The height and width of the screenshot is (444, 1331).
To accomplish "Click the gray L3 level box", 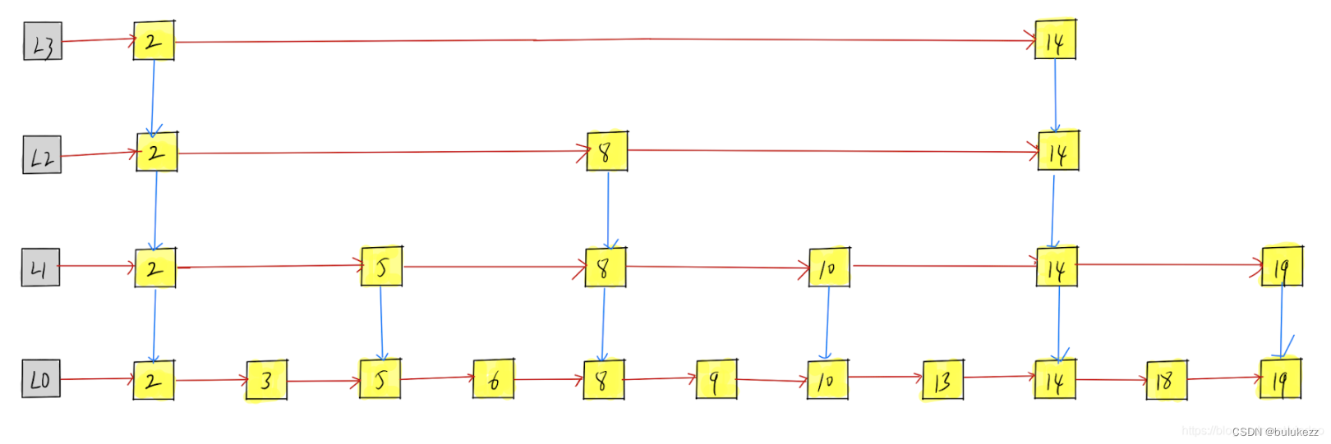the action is (43, 42).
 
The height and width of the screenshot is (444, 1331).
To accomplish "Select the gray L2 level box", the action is (42, 154).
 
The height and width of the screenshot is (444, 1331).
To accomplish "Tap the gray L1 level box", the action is (40, 268).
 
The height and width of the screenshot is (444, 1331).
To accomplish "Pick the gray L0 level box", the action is (41, 379).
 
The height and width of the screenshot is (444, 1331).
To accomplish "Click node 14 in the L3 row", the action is (1056, 40).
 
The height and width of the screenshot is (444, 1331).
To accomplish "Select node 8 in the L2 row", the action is (607, 152).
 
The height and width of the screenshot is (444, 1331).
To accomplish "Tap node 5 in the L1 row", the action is (382, 267).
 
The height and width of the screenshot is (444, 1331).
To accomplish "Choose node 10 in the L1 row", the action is (829, 268).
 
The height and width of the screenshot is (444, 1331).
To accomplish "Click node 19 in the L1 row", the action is (1282, 266).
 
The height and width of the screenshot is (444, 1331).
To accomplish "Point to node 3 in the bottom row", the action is (266, 381).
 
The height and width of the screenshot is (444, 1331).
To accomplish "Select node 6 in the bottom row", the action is (494, 380).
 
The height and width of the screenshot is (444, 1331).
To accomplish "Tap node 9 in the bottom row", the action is (716, 379).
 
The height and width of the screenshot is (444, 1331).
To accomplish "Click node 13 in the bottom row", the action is (942, 380).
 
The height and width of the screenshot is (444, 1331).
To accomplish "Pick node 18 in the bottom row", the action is (1167, 380).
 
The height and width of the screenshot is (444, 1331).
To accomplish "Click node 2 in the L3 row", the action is (154, 41).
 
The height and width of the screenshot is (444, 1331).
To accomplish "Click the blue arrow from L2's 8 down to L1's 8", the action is (608, 209).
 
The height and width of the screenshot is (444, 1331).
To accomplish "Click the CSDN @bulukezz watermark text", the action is (1275, 432).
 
